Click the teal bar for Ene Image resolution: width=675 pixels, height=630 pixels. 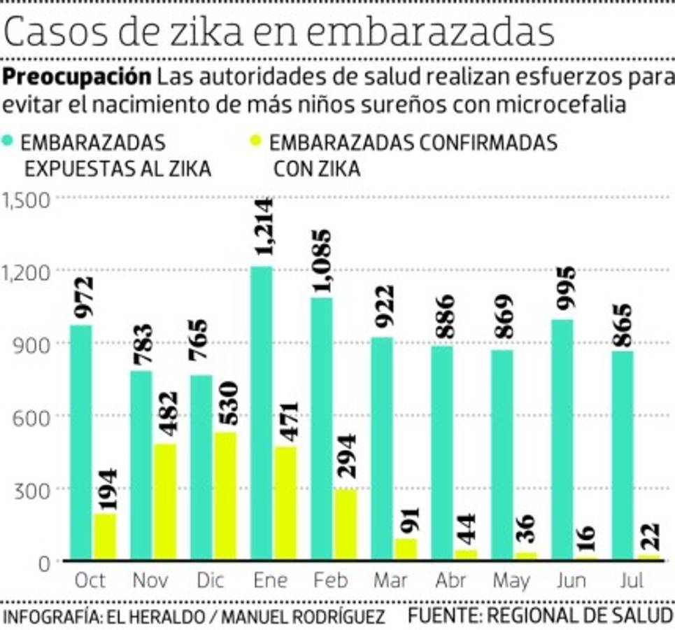point(261,413)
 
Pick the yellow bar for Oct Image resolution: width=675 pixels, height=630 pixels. point(105,537)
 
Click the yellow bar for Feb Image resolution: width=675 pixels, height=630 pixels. point(346,524)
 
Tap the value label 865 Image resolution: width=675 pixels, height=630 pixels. point(620,325)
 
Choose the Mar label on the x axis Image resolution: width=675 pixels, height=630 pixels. point(392,581)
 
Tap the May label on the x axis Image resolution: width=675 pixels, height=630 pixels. point(512,581)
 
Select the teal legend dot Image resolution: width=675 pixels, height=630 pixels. point(9,141)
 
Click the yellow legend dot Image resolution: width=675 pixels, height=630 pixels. point(257,141)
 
